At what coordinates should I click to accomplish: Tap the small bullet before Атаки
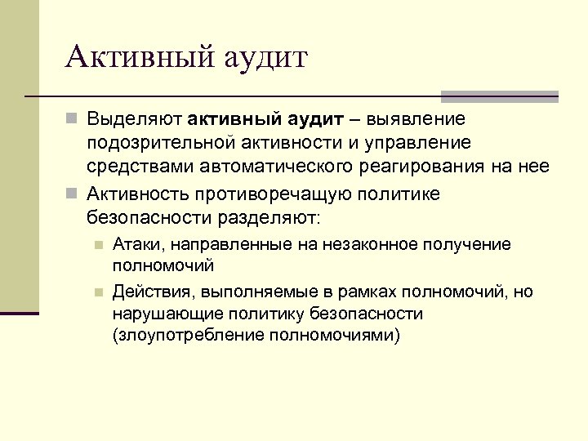pyautogui.click(x=97, y=244)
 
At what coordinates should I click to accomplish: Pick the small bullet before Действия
pyautogui.click(x=97, y=292)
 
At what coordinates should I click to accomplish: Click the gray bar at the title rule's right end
pyautogui.click(x=499, y=96)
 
